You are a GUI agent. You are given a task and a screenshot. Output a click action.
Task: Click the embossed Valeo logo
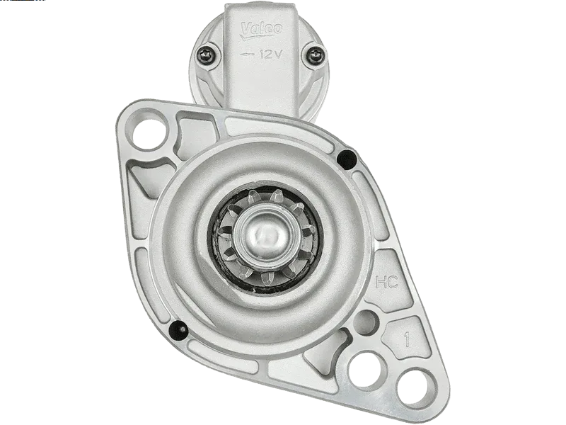pyautogui.click(x=261, y=30)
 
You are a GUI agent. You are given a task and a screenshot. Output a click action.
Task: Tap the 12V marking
pyautogui.click(x=270, y=55)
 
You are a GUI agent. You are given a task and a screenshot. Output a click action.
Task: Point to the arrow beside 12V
pyautogui.click(x=247, y=55)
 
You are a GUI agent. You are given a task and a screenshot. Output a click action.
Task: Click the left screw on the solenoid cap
pyautogui.click(x=207, y=55)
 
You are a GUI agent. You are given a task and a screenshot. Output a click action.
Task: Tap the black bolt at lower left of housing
pyautogui.click(x=179, y=330)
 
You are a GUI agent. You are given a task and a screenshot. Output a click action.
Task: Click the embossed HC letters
pyautogui.click(x=386, y=282)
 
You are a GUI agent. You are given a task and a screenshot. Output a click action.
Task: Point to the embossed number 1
pyautogui.click(x=408, y=340)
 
